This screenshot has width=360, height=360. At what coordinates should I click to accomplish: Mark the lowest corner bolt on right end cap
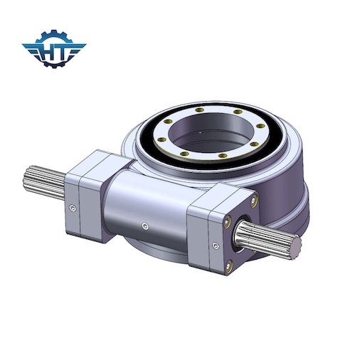tap(229, 268)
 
